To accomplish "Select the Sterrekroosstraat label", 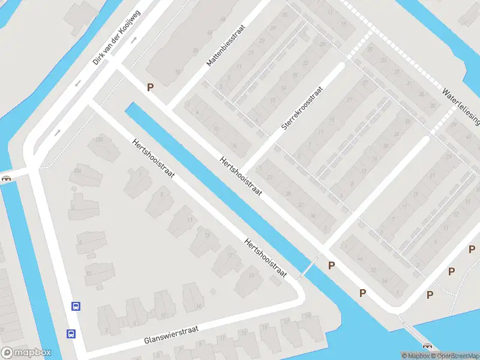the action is tap(302, 108).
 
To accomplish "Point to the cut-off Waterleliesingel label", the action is tap(461, 107).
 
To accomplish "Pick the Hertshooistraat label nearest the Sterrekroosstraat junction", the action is tap(242, 177).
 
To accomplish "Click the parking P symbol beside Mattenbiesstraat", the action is tap(150, 87).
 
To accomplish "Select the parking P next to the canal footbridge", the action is tap(331, 265).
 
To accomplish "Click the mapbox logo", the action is tap(26, 353).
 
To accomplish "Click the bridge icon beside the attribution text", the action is tap(427, 346).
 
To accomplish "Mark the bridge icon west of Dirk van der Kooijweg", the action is tap(7, 178).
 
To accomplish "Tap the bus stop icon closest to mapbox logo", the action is tap(71, 334).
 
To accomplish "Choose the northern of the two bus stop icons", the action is tap(76, 306).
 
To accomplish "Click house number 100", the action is tap(100, 140).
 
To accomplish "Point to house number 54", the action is tap(385, 280).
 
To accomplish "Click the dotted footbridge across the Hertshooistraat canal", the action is tap(309, 266).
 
